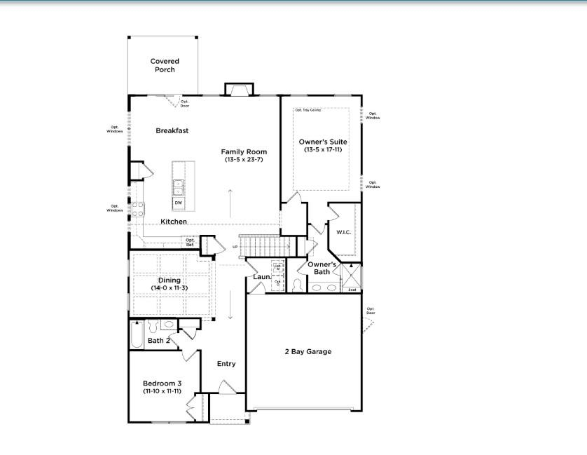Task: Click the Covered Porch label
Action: pos(165,65)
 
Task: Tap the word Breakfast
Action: pos(172,130)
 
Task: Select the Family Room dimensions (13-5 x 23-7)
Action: pos(244,160)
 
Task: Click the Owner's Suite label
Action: pos(323,142)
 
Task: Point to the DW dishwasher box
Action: pos(179,203)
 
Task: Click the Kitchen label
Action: pos(174,222)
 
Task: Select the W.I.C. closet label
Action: pos(343,232)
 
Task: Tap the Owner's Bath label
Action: pos(323,268)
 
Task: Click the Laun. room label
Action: pos(262,277)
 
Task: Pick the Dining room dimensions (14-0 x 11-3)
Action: pos(169,287)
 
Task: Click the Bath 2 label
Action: pos(159,341)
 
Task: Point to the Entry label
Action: pos(226,364)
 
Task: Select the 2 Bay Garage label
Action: pos(308,352)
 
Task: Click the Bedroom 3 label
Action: pos(163,383)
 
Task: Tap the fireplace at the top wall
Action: pos(238,89)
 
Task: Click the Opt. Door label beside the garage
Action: pos(371,311)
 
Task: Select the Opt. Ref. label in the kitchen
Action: pos(190,241)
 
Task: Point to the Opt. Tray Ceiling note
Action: pos(308,110)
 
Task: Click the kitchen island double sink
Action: pos(179,188)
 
